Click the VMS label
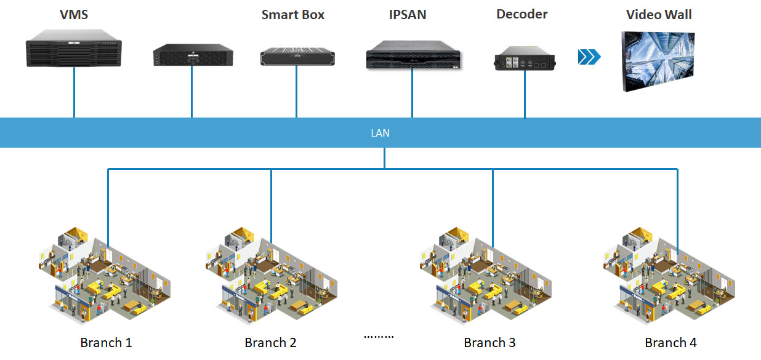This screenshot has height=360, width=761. tap(73, 15)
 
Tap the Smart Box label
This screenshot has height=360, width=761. tap(292, 15)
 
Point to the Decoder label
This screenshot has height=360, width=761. tap(521, 14)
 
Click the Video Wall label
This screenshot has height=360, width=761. tap(659, 15)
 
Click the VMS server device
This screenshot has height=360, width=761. tap(74, 52)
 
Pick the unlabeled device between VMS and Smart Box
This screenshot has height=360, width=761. tap(193, 54)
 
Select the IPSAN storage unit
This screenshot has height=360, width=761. tap(413, 56)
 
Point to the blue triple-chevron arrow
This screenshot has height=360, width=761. tap(589, 57)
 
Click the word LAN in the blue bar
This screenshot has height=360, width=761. tap(380, 133)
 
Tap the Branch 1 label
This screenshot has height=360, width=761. tap(106, 343)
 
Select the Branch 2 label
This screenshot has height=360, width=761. tap(270, 343)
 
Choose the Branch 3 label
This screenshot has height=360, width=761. tap(489, 343)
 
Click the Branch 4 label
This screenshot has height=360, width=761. tap(670, 343)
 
